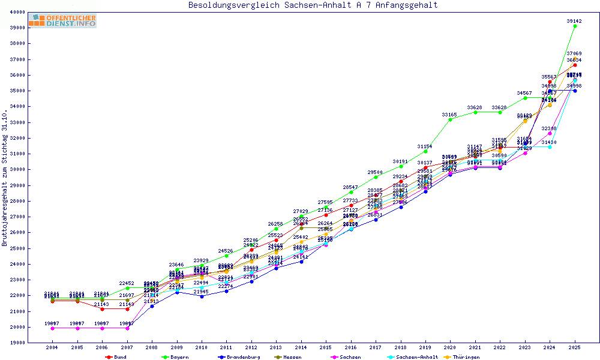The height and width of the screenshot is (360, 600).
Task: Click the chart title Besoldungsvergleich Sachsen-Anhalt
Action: pos(313,5)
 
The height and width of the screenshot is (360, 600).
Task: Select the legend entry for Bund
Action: pos(117,357)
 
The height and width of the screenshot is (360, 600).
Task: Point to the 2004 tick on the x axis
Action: pos(52,347)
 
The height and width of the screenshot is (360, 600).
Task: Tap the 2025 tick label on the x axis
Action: pos(575,347)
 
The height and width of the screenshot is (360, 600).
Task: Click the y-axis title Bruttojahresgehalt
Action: pos(5,178)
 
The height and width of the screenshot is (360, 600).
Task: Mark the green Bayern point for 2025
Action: pos(575,26)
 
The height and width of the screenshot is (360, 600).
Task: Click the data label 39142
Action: pos(574,21)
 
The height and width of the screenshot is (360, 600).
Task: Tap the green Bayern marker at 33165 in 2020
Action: pos(450,119)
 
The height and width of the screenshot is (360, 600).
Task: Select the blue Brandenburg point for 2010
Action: pos(202,296)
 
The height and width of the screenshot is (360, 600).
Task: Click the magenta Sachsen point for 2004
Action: pos(52,328)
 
